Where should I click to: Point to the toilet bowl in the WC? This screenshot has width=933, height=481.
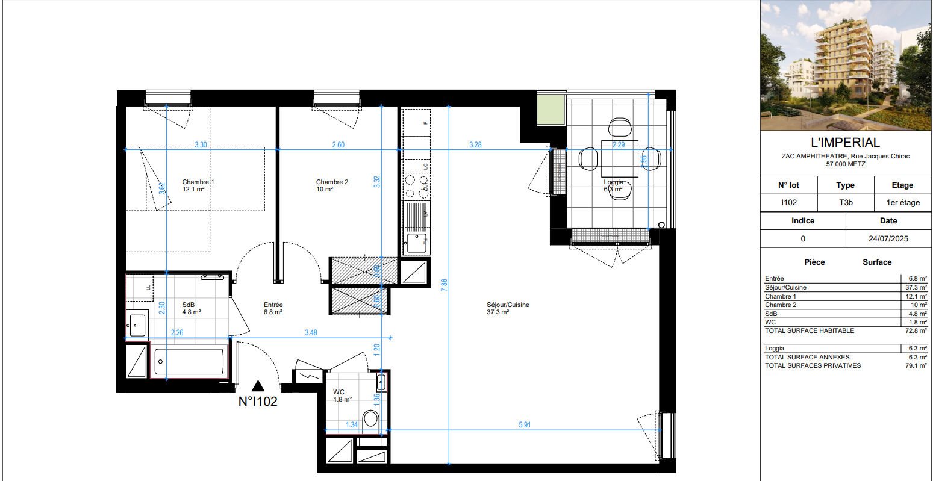[x=371, y=418]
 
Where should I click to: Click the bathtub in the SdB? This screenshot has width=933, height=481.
[x=189, y=362]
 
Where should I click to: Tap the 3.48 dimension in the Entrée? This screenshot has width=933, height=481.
[x=311, y=332]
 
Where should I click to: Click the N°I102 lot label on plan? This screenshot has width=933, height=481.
[x=258, y=402]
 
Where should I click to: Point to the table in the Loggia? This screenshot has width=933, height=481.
[x=619, y=158]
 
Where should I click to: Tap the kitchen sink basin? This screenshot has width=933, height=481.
[x=415, y=243]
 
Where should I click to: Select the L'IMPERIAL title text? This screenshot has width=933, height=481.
[x=845, y=143]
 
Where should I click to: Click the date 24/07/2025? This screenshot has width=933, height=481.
[x=888, y=238]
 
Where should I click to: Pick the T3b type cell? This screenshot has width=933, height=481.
[x=846, y=203]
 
